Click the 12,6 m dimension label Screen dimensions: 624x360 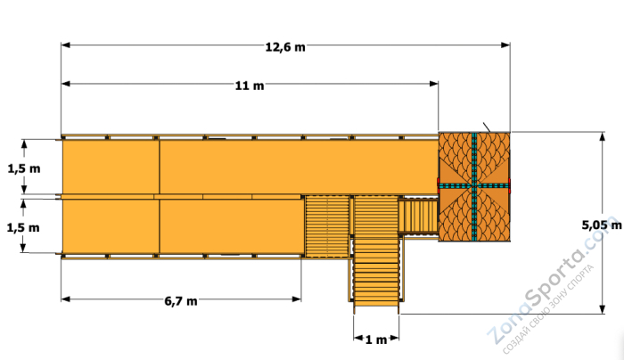pos(285,47)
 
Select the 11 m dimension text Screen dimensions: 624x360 pos(249,86)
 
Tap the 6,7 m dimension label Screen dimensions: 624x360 pos(181,301)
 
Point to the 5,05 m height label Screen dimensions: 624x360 pos(602,225)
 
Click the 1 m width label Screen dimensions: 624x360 pos(376,340)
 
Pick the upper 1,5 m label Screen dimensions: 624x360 pos(24,168)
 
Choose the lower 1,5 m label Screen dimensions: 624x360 pos(23,228)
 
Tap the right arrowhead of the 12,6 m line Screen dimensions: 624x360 pos(505,45)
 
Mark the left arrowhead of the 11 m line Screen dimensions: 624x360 pos(66,84)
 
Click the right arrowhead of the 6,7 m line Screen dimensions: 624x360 pos(297,299)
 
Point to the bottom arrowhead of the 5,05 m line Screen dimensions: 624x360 pos(603,309)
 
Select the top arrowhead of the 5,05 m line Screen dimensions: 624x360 pos(603,137)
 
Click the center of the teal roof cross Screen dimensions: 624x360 pos(474,185)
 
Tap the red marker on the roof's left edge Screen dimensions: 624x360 pos(439,185)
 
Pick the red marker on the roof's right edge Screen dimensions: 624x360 pos(510,185)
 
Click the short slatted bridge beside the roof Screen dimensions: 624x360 pos(418,216)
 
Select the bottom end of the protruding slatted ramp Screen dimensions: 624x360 pos(376,306)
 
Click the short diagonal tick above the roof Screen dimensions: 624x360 pos(487,127)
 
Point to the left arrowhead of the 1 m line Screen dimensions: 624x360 pos(358,338)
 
